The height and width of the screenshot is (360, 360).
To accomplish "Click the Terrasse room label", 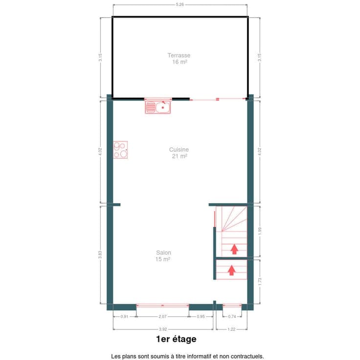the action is click(179, 55).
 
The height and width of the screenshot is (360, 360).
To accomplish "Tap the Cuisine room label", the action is click(179, 150).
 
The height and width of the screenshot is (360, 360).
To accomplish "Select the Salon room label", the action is click(163, 253).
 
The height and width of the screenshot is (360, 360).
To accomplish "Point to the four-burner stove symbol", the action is click(120, 150).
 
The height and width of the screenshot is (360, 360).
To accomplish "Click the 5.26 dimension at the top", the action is click(180, 4).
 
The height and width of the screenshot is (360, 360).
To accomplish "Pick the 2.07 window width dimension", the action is click(162, 316).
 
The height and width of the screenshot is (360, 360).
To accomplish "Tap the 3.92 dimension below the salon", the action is click(163, 329).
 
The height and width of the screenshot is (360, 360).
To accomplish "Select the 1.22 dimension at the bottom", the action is click(231, 329).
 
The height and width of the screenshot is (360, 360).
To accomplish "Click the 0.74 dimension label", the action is click(232, 316).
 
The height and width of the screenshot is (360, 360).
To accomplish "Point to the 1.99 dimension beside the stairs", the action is click(260, 231).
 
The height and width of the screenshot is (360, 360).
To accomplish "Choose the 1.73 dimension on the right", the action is click(260, 282).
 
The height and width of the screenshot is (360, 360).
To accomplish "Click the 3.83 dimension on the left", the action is click(100, 255).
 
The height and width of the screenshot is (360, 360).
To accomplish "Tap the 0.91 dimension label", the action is click(124, 316).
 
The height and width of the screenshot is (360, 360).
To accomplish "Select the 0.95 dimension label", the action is click(201, 316).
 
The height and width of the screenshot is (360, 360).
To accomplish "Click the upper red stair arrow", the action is click(234, 249).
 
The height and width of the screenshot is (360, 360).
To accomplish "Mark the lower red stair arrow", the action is click(232, 270).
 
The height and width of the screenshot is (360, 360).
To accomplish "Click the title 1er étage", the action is click(176, 339).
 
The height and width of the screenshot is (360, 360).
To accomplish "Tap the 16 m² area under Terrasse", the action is click(180, 62).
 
